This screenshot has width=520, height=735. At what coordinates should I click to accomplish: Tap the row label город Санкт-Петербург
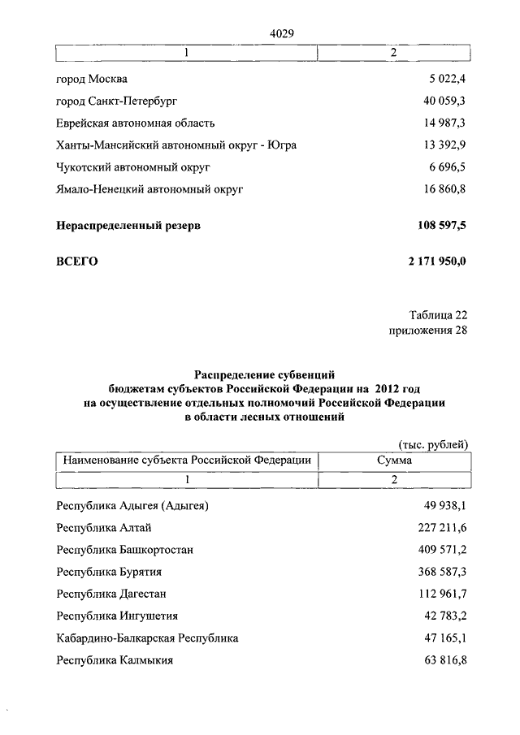tap(117, 102)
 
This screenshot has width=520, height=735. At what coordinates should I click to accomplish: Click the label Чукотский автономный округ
tap(133, 167)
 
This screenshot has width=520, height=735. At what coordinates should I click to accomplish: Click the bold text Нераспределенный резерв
tap(128, 226)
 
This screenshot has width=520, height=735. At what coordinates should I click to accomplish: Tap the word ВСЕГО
tap(77, 262)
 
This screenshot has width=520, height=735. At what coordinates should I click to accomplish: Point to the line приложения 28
tap(429, 331)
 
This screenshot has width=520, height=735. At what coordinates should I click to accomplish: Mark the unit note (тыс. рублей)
tap(433, 444)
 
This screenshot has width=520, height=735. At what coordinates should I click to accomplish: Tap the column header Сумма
tap(393, 460)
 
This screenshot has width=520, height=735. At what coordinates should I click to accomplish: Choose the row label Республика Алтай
tap(102, 528)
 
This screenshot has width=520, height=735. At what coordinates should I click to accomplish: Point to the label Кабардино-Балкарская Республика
tap(147, 638)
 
